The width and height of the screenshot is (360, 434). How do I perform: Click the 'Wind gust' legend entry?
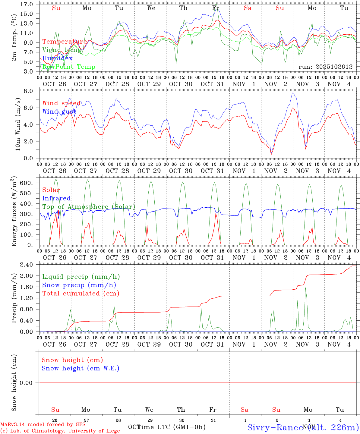59,112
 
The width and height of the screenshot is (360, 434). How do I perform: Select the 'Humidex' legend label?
57,58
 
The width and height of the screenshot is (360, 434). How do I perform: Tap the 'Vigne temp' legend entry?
62,50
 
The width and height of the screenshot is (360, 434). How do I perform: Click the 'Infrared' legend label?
56,198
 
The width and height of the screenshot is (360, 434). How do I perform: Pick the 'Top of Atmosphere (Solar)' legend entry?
89,207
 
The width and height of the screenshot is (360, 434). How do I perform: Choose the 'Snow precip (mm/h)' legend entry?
79,285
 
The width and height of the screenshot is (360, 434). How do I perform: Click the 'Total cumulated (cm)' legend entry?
81,294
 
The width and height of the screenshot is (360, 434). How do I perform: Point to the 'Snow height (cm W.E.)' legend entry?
81,368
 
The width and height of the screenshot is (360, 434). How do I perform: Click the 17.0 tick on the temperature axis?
27,4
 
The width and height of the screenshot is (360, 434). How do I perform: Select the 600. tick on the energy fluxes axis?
26,183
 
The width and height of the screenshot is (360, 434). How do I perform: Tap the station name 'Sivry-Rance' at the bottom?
275,427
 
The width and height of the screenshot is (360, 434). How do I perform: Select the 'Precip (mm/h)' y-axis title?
14,298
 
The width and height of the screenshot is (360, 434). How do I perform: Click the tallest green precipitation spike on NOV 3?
305,288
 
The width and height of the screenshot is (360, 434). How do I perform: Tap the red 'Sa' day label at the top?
248,8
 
